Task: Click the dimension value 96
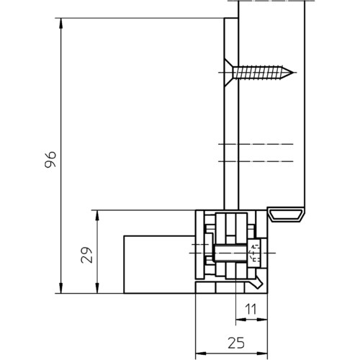pyautogui.click(x=50, y=159)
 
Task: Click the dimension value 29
pyautogui.click(x=86, y=255)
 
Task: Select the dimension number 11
pyautogui.click(x=251, y=309)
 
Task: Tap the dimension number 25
pyautogui.click(x=236, y=343)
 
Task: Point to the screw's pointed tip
pyautogui.click(x=293, y=72)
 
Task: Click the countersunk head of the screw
pyautogui.click(x=229, y=73)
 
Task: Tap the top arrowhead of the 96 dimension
pyautogui.click(x=61, y=23)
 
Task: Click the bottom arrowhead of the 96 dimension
pyautogui.click(x=61, y=288)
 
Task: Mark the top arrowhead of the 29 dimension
pyautogui.click(x=97, y=215)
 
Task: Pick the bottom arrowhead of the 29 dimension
pyautogui.click(x=97, y=288)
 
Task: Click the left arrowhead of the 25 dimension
pyautogui.click(x=201, y=354)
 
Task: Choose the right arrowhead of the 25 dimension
pyautogui.click(x=262, y=354)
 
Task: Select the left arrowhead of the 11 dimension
pyautogui.click(x=241, y=320)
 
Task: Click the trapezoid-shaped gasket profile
pyautogui.click(x=286, y=215)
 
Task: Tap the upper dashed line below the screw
pyautogui.click(x=256, y=144)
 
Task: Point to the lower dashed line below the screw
pyautogui.click(x=256, y=161)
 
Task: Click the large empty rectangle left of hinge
pyautogui.click(x=160, y=264)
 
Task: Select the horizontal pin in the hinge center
pyautogui.click(x=230, y=253)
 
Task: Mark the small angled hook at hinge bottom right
pyautogui.click(x=257, y=282)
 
